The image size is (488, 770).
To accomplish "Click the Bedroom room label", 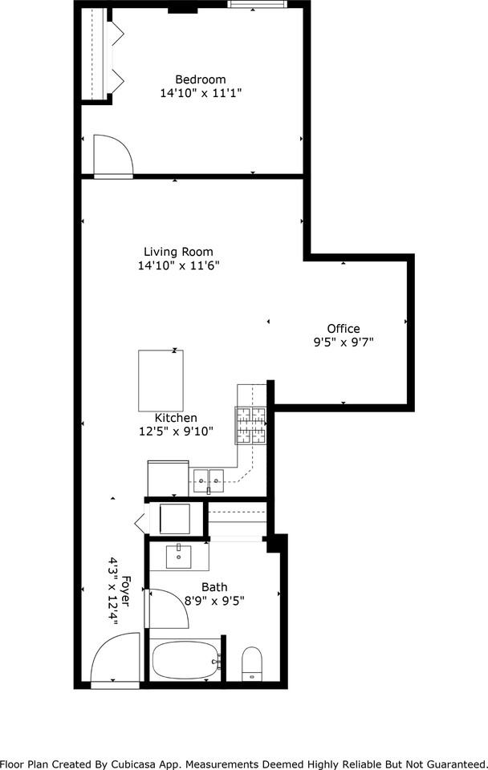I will click(x=201, y=79).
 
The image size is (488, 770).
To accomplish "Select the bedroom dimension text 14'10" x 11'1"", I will click(x=201, y=93).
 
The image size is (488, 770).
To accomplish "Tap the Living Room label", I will click(x=178, y=251).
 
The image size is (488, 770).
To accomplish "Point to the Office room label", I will click(x=343, y=328).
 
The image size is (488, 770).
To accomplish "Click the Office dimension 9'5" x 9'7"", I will click(x=343, y=342).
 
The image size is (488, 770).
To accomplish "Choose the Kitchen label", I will click(x=176, y=418).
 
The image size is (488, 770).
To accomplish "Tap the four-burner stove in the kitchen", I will click(x=250, y=425).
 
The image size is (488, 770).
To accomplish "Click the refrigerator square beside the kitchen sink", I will click(x=168, y=479).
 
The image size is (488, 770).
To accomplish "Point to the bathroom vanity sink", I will click(x=178, y=556).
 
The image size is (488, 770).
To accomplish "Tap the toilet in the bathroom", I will click(x=253, y=663).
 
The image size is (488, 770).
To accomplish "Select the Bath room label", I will click(x=214, y=587).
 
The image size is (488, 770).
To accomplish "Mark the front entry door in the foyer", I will click(x=114, y=661).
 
